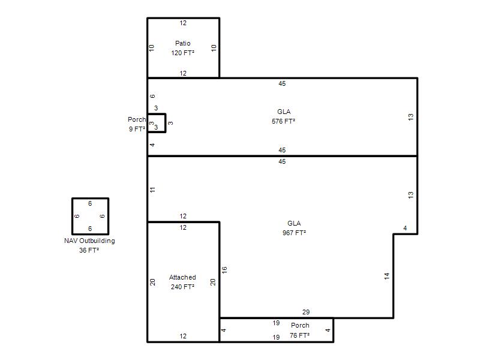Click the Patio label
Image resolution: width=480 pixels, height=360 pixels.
pyautogui.click(x=183, y=43)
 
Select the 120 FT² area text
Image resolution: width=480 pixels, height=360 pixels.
pyautogui.click(x=183, y=53)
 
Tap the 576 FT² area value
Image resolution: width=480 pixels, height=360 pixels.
pyautogui.click(x=283, y=121)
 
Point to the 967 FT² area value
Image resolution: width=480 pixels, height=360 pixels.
pyautogui.click(x=294, y=233)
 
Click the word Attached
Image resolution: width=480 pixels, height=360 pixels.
pyautogui.click(x=182, y=277)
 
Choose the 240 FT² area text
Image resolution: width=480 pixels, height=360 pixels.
pyautogui.click(x=182, y=287)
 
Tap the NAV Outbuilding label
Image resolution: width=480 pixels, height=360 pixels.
pyautogui.click(x=89, y=241)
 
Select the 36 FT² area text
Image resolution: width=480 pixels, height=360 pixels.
pyautogui.click(x=89, y=250)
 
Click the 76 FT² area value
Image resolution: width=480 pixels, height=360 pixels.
pyautogui.click(x=299, y=335)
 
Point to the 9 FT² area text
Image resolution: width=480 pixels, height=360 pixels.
pyautogui.click(x=137, y=129)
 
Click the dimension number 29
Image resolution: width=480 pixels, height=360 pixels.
pyautogui.click(x=306, y=312)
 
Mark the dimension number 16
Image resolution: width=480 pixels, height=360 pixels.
pyautogui.click(x=224, y=269)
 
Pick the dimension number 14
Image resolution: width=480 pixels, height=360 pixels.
pyautogui.click(x=387, y=276)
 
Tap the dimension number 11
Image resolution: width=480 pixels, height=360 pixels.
pyautogui.click(x=152, y=190)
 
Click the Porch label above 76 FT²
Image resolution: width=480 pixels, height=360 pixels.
pyautogui.click(x=300, y=325)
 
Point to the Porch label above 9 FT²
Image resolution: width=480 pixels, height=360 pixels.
pyautogui.click(x=137, y=119)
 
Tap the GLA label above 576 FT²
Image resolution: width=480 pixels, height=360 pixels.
pyautogui.click(x=284, y=112)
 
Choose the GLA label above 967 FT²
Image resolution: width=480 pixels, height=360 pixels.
pyautogui.click(x=294, y=223)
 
